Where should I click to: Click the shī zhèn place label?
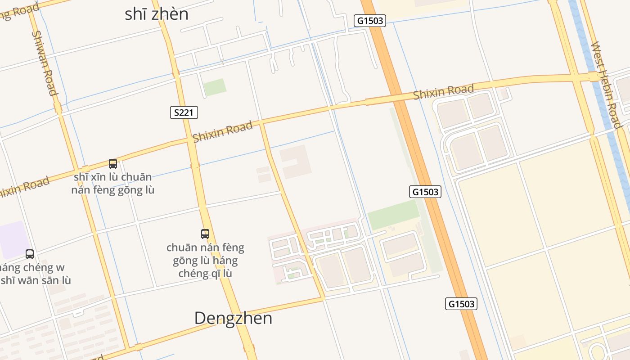click(x=156, y=14)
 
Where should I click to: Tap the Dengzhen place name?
click(x=233, y=318)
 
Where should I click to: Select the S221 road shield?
click(x=184, y=112)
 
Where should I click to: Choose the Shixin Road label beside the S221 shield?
click(x=222, y=132)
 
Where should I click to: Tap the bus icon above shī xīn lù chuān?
click(x=113, y=164)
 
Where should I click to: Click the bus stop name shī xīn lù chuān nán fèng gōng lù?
click(x=113, y=184)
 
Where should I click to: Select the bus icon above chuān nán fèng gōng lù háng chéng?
click(x=205, y=234)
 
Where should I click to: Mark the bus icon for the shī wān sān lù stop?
click(x=30, y=254)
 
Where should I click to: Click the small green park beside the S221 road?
click(x=215, y=87)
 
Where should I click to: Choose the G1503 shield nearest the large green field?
click(x=425, y=192)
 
